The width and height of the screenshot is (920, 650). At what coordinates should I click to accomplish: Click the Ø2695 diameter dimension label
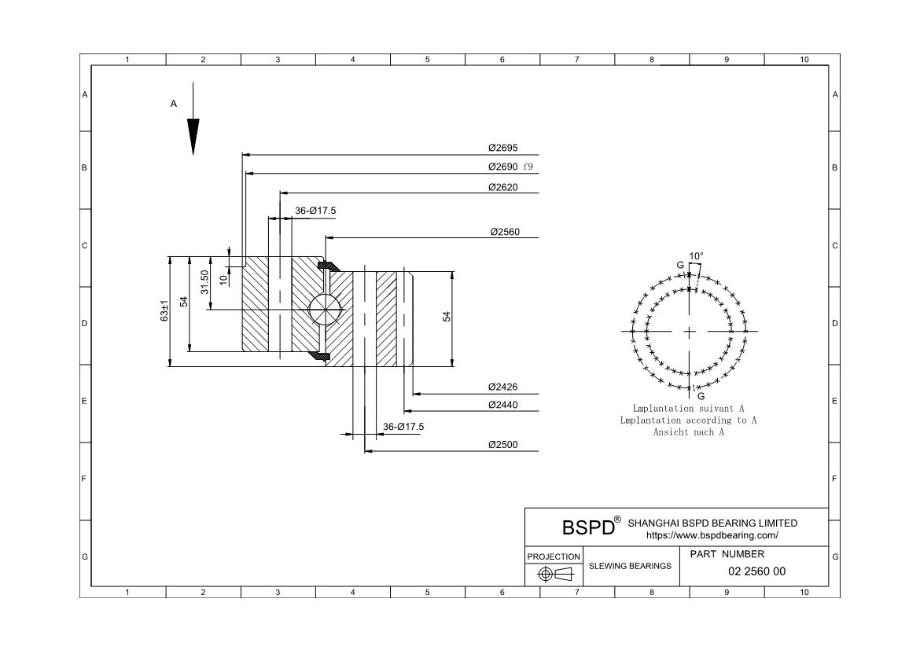[502, 148]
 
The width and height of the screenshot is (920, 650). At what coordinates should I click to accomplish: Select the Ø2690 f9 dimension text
[510, 167]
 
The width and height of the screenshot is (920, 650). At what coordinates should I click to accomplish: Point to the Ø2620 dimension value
[502, 187]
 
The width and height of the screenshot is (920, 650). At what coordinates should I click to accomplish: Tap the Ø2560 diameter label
[504, 232]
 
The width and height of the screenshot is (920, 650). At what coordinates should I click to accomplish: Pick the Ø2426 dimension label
[502, 387]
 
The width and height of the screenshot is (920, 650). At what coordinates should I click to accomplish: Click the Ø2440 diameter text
[502, 405]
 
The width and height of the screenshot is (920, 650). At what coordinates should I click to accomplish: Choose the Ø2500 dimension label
[502, 445]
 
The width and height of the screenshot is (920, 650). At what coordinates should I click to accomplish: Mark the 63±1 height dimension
[164, 310]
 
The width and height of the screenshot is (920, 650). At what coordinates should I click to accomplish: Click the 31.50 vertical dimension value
[204, 281]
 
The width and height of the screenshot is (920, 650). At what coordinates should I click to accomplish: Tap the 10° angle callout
[696, 256]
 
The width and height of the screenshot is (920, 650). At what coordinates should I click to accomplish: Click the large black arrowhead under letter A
[193, 136]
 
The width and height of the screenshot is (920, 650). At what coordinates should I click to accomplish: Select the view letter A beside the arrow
[174, 103]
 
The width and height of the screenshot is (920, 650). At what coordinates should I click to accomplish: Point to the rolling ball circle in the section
[325, 308]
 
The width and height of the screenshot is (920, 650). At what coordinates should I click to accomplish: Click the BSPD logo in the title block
[588, 527]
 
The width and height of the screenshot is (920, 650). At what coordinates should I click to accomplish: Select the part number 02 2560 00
[756, 571]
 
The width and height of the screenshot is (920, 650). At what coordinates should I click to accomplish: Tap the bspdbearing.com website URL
[712, 535]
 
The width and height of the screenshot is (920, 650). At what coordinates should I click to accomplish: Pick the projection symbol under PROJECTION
[554, 574]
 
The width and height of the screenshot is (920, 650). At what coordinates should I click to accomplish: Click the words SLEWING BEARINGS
[630, 566]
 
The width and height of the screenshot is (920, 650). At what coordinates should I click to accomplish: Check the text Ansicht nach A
[688, 432]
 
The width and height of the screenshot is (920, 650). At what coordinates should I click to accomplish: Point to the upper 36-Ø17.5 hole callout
[315, 211]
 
